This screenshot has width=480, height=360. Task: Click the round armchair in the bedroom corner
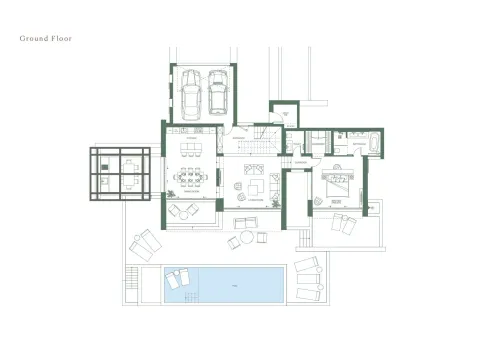317,201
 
